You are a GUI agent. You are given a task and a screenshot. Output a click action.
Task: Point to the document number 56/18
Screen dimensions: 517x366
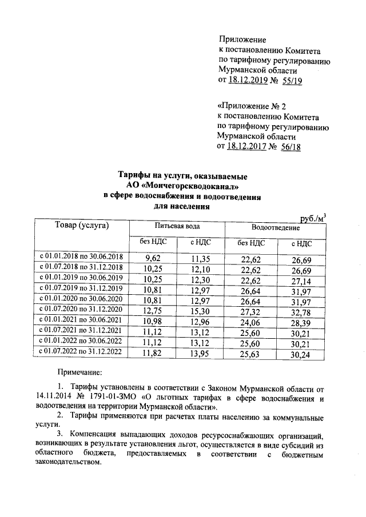[289, 147]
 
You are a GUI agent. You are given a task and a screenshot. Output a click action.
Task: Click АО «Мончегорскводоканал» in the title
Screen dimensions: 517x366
[182, 186]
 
